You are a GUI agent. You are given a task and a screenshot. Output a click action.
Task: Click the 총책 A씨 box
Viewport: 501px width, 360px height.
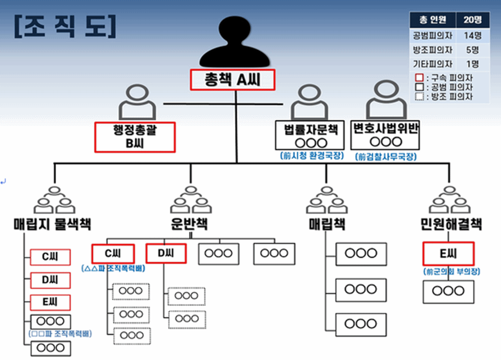coord(232,80)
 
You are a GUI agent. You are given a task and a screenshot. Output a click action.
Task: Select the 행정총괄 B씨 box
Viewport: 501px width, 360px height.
coord(135,137)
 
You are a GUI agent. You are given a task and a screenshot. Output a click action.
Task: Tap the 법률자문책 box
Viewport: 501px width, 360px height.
coord(310,135)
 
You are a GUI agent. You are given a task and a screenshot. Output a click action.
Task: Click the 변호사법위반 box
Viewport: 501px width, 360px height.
coord(385,135)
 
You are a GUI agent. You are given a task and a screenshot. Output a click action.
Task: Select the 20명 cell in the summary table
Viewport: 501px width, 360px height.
coord(472,20)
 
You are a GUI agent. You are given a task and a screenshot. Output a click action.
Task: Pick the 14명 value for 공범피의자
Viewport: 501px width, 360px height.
coord(472,35)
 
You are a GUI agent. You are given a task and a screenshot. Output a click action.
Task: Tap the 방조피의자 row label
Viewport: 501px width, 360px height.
coord(433,50)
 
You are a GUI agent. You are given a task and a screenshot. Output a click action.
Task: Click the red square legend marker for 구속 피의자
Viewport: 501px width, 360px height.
coord(419,77)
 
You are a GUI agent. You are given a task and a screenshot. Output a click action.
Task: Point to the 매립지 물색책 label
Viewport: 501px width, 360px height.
coord(53,224)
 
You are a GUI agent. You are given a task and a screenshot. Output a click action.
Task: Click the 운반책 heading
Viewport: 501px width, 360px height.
coord(189,224)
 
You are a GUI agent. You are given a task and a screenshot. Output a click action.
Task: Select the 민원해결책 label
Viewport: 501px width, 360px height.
coord(451,224)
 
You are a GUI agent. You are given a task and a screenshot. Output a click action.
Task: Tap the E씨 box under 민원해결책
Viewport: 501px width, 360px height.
coord(448,254)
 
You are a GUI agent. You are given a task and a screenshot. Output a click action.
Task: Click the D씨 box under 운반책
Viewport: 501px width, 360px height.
coord(166,254)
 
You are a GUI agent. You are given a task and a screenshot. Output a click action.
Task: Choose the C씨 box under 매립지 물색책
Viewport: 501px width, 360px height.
coord(50,257)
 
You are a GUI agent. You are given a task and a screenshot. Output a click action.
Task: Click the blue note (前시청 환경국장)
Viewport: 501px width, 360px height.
coord(312,156)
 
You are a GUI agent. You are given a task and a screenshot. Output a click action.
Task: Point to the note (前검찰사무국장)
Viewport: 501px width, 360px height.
coord(386,156)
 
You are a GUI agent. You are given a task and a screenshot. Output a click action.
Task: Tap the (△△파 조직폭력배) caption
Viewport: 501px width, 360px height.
coord(113,268)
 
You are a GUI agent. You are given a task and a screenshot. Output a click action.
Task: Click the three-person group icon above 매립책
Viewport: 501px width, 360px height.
coord(327,200)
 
